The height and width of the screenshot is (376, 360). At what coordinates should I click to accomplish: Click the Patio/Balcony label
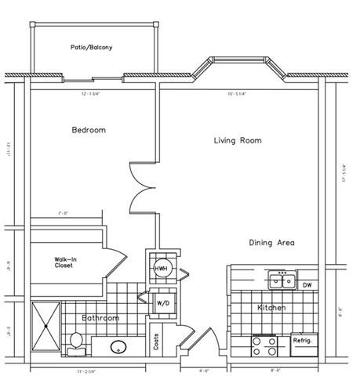click(x=91, y=48)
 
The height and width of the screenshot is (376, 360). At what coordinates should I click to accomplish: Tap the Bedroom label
click(x=89, y=130)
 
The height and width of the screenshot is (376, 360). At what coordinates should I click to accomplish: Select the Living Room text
click(x=238, y=141)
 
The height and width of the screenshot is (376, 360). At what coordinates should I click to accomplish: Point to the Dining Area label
click(x=272, y=243)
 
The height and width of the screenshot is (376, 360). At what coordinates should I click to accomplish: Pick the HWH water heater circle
click(x=161, y=268)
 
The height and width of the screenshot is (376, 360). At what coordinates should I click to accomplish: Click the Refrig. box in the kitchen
click(x=304, y=342)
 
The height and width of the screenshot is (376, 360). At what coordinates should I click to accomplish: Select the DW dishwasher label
click(x=307, y=284)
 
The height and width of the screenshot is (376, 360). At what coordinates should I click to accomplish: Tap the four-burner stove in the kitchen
click(x=264, y=344)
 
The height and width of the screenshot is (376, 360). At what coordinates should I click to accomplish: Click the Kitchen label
click(x=271, y=308)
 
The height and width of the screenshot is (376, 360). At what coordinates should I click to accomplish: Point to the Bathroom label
click(x=100, y=318)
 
